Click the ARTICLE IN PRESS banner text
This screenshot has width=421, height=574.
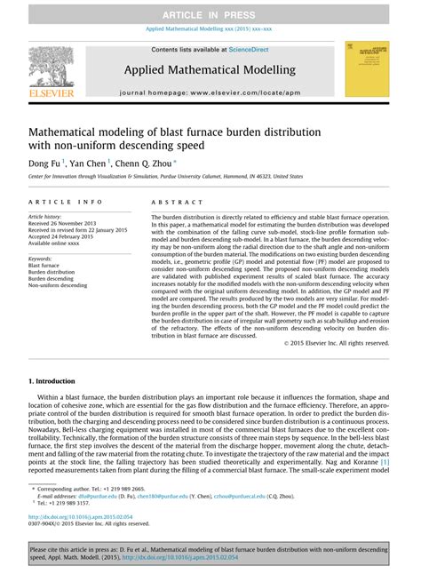click(210, 13)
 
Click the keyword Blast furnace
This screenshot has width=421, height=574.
click(44, 266)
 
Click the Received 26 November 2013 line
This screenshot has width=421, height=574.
click(67, 223)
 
